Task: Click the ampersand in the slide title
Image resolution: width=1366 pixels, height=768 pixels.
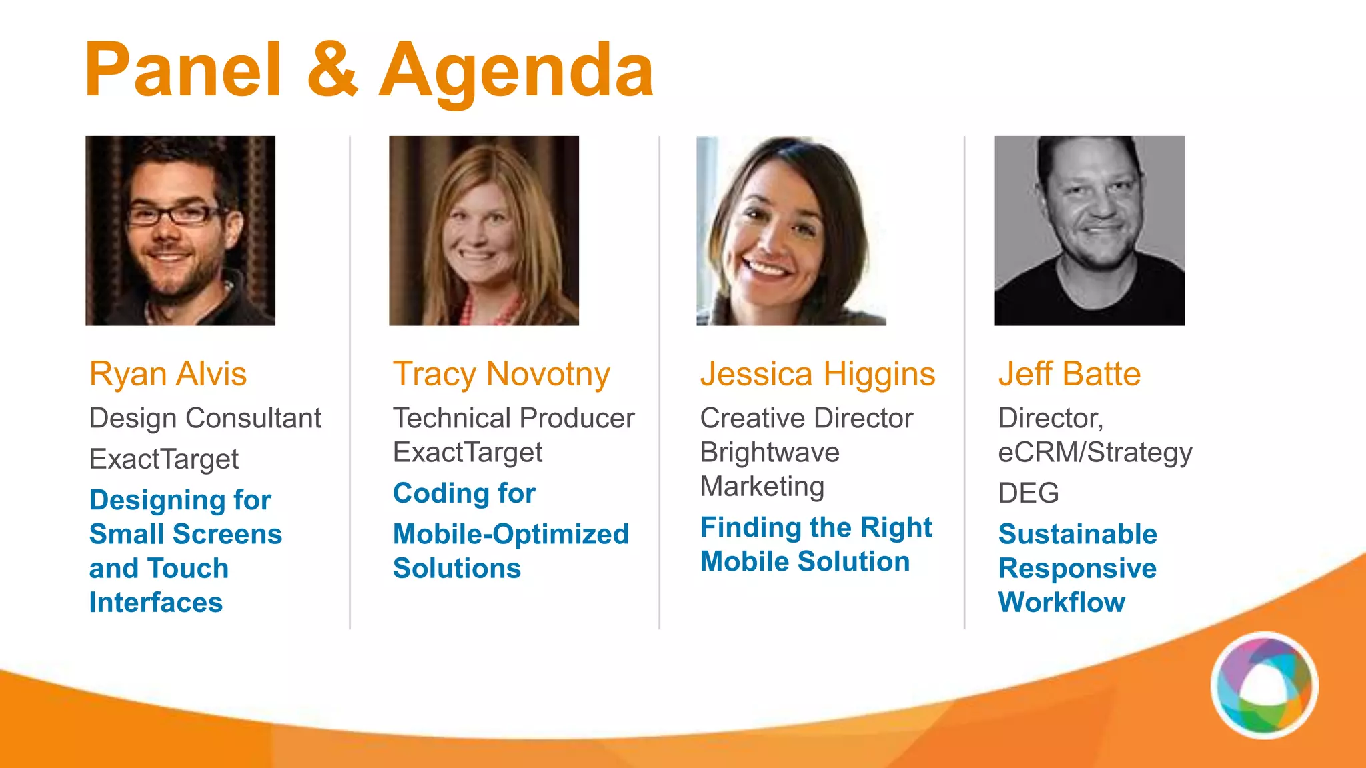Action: click(333, 70)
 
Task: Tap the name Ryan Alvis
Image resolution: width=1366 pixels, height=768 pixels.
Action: click(168, 374)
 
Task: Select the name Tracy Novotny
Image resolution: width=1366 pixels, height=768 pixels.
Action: click(501, 374)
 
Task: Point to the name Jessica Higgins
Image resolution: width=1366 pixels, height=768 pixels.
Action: click(818, 374)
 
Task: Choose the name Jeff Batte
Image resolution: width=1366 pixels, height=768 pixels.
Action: click(1069, 374)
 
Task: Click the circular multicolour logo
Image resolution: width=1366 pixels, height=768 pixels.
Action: click(1264, 685)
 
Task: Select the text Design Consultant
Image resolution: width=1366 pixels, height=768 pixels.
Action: click(205, 419)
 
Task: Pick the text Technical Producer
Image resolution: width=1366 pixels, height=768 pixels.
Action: click(514, 419)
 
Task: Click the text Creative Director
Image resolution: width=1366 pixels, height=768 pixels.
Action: click(806, 419)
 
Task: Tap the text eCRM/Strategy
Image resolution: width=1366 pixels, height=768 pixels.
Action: click(1095, 453)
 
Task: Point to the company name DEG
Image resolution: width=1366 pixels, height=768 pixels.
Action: click(1029, 493)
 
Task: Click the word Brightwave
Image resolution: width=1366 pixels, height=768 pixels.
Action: click(770, 453)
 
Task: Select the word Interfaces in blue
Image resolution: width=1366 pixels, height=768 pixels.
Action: click(156, 603)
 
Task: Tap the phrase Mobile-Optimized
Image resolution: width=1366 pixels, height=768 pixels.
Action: click(511, 534)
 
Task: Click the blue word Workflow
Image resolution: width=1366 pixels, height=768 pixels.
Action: click(1062, 603)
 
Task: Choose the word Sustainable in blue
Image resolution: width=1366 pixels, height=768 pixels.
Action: click(1078, 534)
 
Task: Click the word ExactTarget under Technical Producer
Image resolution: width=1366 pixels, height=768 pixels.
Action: click(468, 453)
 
